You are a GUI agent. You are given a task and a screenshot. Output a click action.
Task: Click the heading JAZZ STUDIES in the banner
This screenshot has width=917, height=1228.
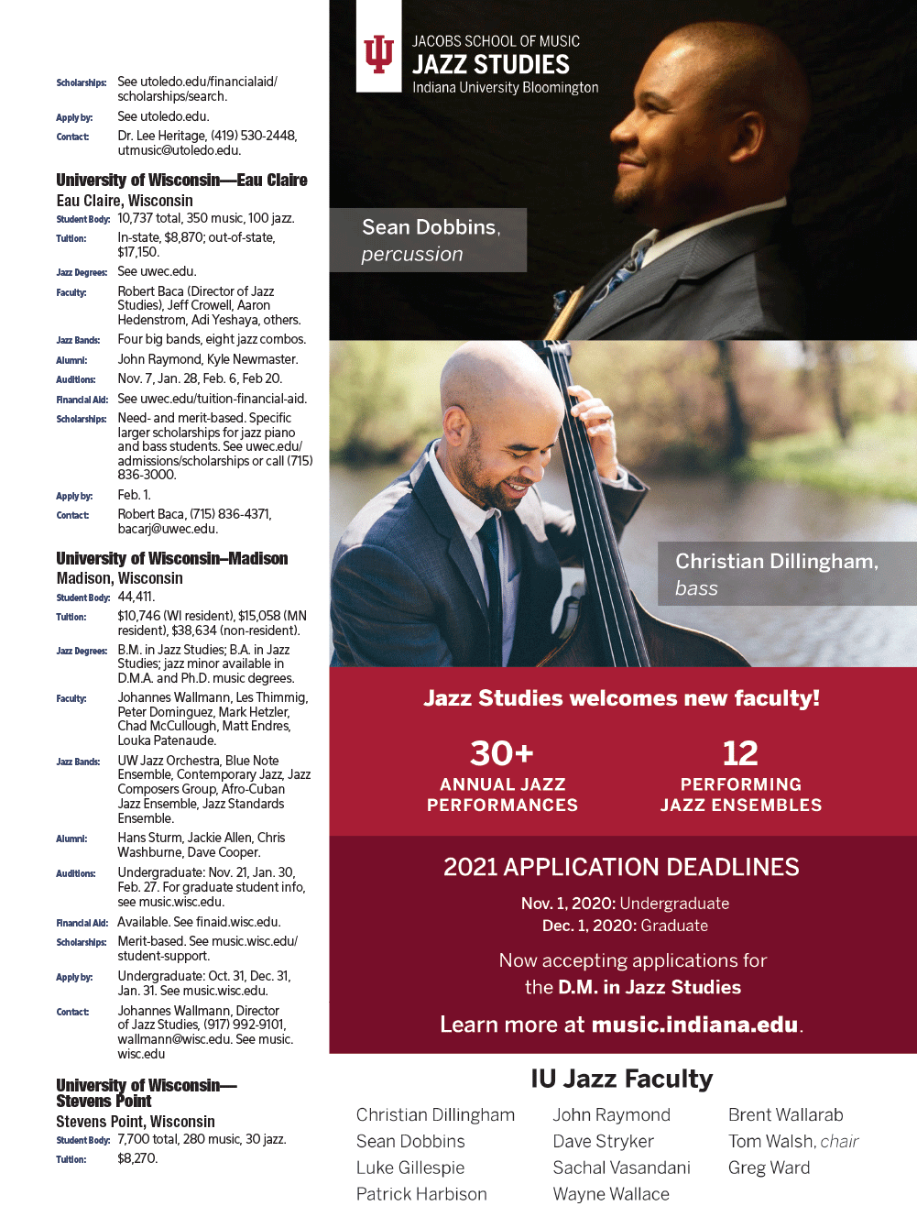491,64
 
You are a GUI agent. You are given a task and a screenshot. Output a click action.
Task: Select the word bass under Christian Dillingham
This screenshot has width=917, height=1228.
696,588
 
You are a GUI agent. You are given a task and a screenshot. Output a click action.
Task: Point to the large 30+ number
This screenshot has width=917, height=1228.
502,753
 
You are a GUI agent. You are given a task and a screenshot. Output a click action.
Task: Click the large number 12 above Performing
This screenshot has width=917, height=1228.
740,753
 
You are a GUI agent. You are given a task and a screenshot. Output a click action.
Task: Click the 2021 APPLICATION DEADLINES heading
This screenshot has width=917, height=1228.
621,867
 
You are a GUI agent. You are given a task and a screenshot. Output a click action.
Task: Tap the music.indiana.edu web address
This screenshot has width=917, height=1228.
695,1025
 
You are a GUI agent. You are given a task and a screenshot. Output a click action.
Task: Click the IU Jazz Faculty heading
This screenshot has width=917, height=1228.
621,1079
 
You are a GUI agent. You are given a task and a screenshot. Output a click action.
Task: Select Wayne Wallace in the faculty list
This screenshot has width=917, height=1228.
611,1194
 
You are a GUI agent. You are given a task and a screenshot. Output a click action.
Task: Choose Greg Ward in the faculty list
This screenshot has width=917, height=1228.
770,1168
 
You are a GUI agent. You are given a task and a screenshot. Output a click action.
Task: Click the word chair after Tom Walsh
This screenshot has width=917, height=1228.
839,1141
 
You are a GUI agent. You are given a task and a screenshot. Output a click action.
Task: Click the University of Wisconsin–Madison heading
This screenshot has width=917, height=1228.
172,558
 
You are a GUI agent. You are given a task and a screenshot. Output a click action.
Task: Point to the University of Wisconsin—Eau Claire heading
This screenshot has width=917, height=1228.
181,180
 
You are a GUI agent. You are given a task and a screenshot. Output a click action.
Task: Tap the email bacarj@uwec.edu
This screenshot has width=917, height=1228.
168,529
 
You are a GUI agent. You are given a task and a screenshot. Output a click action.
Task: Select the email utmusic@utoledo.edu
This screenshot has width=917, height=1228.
179,150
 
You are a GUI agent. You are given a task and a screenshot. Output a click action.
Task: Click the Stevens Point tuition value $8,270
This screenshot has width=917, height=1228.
137,1158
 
